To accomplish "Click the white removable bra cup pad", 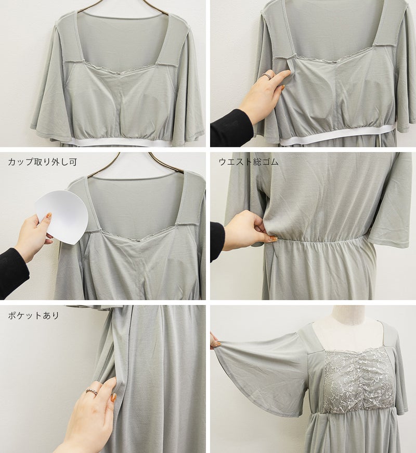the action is click(62, 215).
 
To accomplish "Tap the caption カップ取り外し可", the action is click(43, 162).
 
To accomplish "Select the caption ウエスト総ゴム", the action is click(249, 162).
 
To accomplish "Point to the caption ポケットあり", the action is click(33, 315).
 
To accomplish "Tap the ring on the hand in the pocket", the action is click(91, 391).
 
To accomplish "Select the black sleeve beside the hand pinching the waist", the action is click(217, 241).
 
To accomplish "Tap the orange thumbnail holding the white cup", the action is click(49, 216).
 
